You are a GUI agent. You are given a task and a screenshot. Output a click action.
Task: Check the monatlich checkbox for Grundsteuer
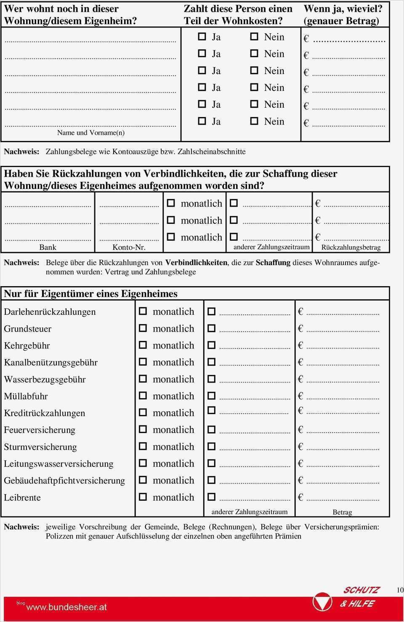coord(143,328)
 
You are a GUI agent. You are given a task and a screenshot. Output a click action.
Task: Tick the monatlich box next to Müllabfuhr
coord(143,396)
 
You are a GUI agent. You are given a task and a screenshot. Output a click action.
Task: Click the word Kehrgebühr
coord(27,346)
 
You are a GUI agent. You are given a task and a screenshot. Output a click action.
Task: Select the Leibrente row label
coord(22,497)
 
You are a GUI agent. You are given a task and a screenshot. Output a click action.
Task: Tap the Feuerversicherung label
coord(40,430)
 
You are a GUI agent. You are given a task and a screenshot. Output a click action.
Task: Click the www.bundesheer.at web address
coord(66,607)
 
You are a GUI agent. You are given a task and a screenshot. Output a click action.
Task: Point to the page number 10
coord(400,590)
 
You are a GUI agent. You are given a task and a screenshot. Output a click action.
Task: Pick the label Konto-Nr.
coord(129,247)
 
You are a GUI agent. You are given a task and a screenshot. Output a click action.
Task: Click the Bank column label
coord(48,247)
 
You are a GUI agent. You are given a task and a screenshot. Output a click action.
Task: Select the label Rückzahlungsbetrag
coord(351,247)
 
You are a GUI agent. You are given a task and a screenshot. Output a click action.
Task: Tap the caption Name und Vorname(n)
coord(91,133)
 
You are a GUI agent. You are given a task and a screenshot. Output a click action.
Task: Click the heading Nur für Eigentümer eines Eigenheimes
coord(90,294)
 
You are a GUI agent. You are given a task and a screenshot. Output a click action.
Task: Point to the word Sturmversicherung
coord(40,447)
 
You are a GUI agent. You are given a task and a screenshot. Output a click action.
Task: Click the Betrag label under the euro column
coord(342,512)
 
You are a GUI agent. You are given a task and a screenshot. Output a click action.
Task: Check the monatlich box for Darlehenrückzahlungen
coord(143,311)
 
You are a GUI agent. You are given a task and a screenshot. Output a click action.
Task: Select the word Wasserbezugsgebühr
coord(45,379)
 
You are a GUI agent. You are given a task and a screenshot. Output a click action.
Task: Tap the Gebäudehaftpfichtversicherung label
coord(64,481)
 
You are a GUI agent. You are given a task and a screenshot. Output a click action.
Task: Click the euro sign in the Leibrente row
coord(300,497)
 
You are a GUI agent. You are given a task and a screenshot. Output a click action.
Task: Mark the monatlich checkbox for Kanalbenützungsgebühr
coord(143,362)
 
